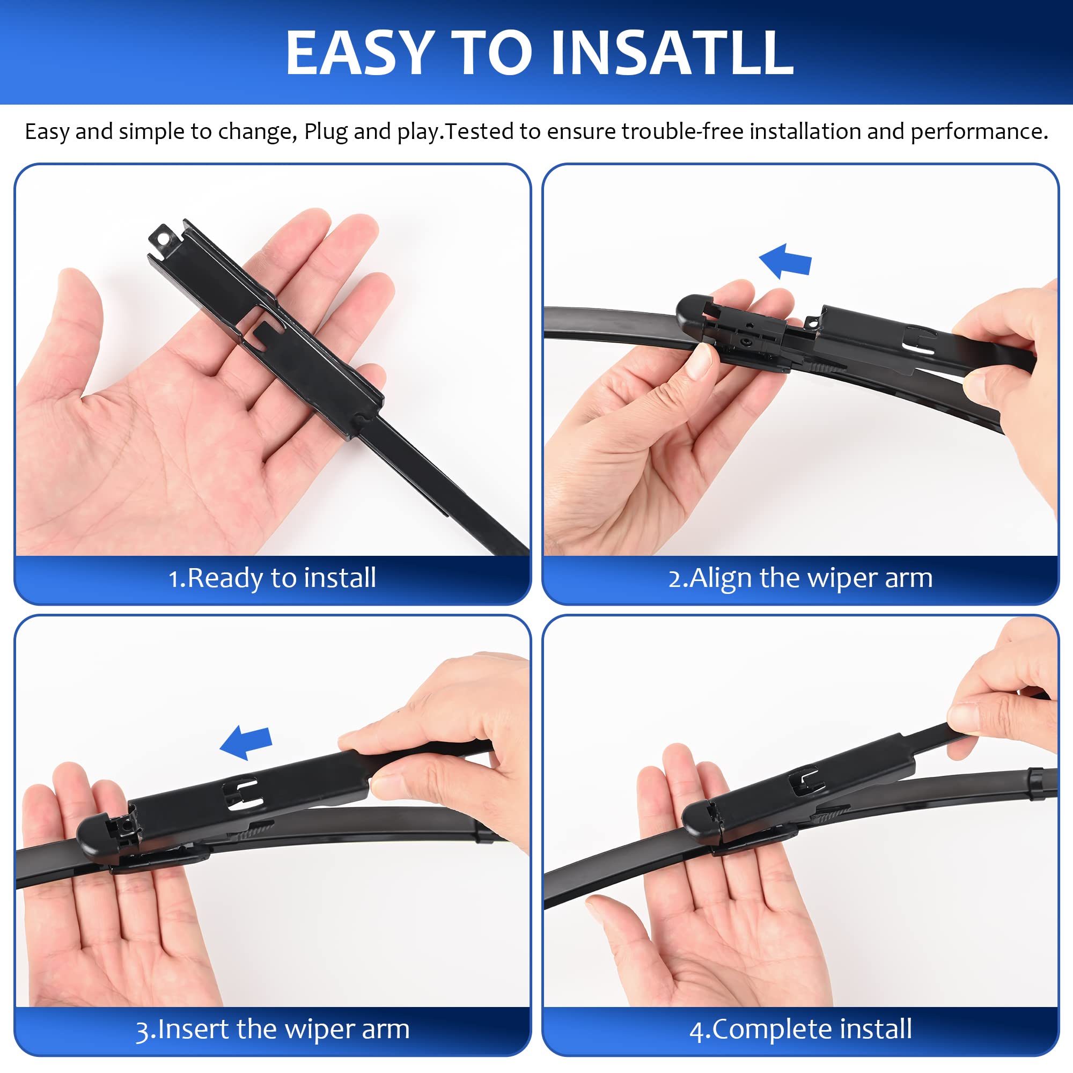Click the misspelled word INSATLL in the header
672,53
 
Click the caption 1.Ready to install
272,578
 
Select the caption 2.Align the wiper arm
800,578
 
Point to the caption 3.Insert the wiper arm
272,1029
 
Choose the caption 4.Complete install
800,1029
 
